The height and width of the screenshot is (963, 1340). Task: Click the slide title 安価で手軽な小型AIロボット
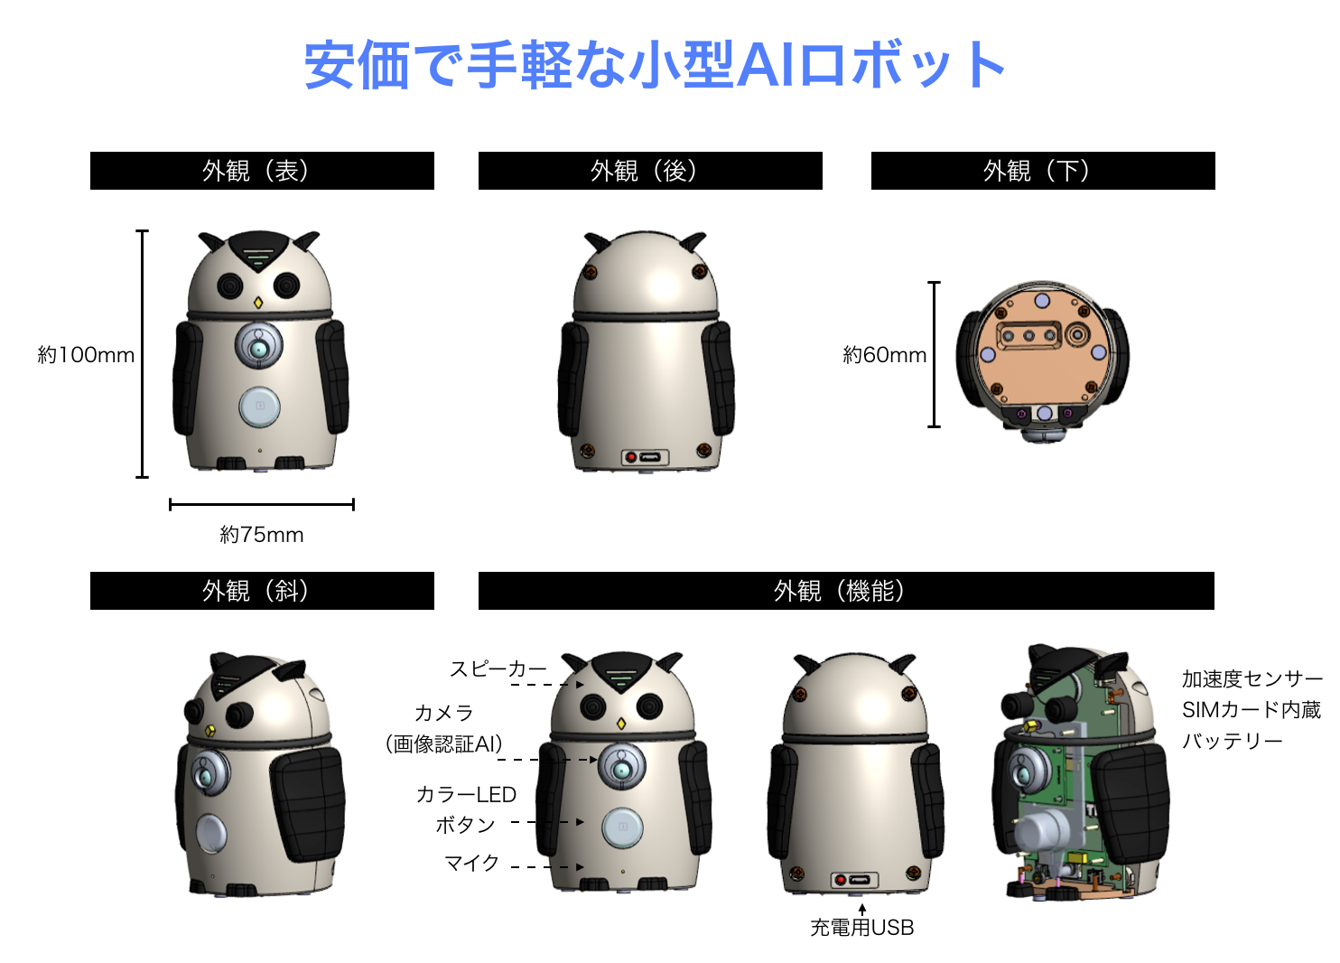coord(655,65)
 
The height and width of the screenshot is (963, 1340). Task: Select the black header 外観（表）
coord(262,171)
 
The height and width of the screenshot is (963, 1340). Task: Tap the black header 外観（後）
coord(650,171)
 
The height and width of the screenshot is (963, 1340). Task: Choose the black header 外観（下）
coord(1043,171)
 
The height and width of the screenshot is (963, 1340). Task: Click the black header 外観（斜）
coord(262,591)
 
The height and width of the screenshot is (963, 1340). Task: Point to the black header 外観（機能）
coord(846,591)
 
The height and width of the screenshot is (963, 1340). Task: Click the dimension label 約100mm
coord(86,355)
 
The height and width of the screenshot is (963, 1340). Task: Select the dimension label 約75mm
coord(262,535)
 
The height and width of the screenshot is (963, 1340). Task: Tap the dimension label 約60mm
coord(885,355)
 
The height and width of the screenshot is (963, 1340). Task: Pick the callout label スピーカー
coord(498,668)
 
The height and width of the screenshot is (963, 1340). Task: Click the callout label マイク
coord(472,863)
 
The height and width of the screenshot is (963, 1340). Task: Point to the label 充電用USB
coord(862,928)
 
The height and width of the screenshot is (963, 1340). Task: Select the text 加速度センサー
coord(1252,679)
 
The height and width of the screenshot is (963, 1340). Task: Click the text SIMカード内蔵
coord(1252,710)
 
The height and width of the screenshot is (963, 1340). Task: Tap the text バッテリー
coord(1233,741)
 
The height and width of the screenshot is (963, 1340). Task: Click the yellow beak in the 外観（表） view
coord(258,303)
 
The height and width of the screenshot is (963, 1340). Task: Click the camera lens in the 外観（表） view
coord(258,349)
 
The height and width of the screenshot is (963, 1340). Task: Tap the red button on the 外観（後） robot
coord(630,457)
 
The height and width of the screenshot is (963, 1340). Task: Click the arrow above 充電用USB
coord(862,910)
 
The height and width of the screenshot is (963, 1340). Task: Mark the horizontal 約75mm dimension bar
coord(262,505)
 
